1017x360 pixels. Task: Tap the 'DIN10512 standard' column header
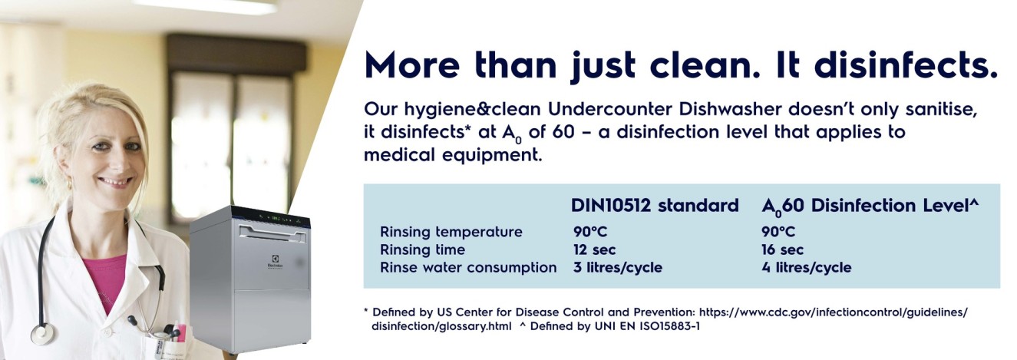pos(655,206)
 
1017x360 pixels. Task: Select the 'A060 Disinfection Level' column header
pos(870,206)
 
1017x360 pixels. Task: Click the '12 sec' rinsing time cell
pos(594,249)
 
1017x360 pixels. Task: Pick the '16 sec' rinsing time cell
pos(782,249)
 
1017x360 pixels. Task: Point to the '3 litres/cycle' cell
pos(617,267)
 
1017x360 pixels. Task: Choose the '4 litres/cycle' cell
pos(807,267)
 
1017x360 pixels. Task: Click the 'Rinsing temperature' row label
pos(451,232)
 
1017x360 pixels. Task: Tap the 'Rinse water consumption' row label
pos(468,268)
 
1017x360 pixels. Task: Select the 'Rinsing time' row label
pos(423,249)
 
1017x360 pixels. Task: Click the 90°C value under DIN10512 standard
pos(589,232)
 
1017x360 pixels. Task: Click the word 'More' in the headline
pos(412,66)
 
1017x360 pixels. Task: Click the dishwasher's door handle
pos(273,233)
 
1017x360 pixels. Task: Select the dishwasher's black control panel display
pos(271,218)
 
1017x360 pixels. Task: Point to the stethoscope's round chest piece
pos(43,334)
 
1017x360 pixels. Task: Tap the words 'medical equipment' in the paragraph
pos(453,155)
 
